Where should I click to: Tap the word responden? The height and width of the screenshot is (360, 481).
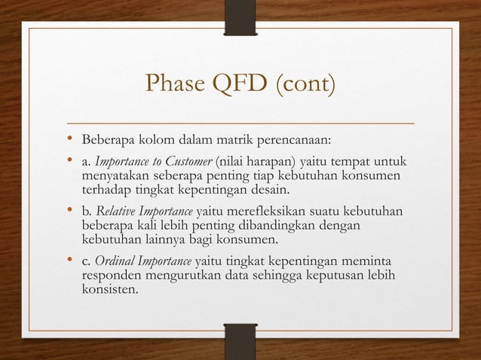111,276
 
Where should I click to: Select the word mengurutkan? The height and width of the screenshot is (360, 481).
182,276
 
